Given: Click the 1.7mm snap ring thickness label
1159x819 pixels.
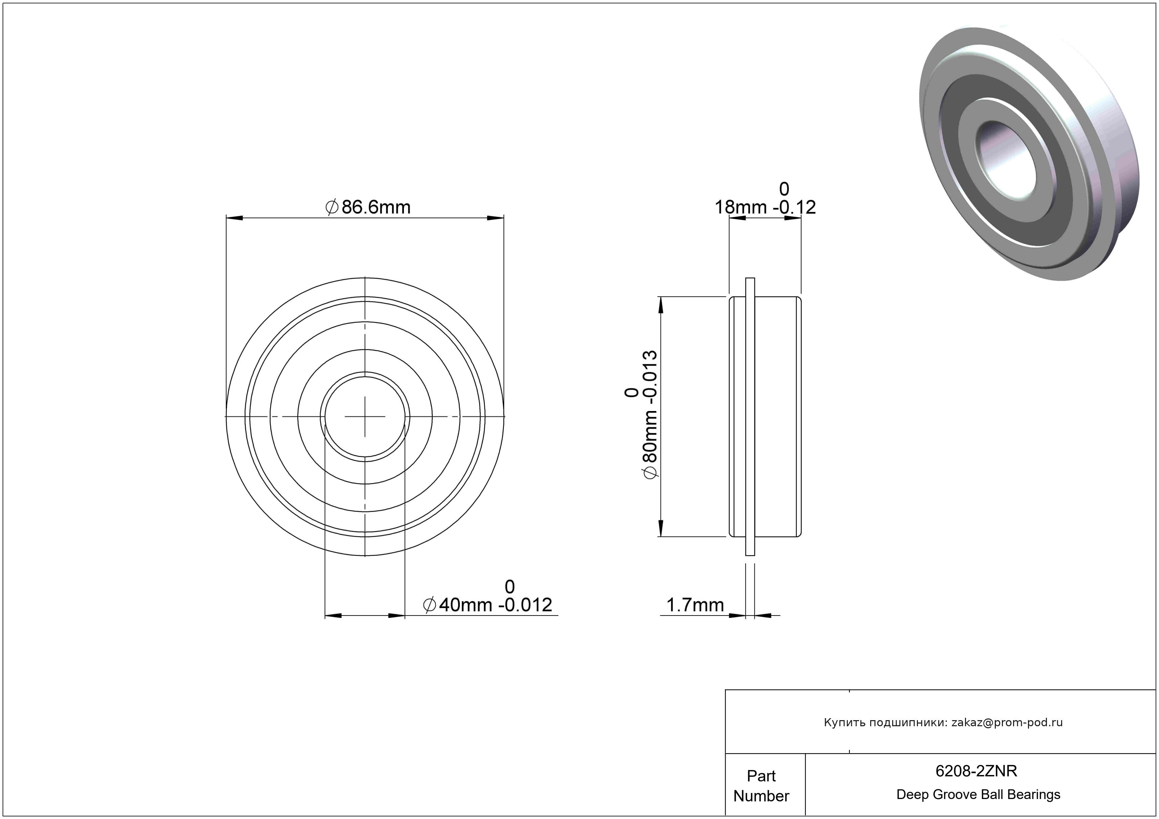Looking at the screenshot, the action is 695,605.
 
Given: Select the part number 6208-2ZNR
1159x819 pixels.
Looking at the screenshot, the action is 976,771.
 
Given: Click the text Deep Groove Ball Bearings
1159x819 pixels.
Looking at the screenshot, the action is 978,795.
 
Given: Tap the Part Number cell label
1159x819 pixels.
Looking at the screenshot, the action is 761,786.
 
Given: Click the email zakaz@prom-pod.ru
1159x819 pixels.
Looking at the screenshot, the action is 1007,723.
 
